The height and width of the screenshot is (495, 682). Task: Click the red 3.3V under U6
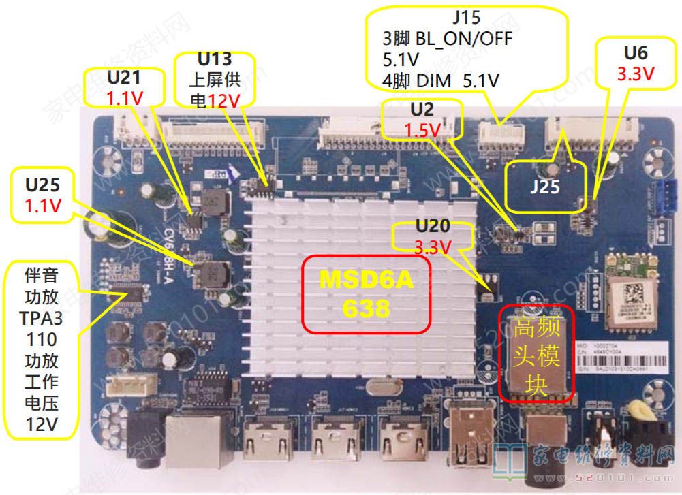635,74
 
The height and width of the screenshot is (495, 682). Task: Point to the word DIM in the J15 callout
433,82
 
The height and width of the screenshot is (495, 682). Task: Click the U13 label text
215,59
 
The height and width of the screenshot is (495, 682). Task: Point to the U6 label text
636,53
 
